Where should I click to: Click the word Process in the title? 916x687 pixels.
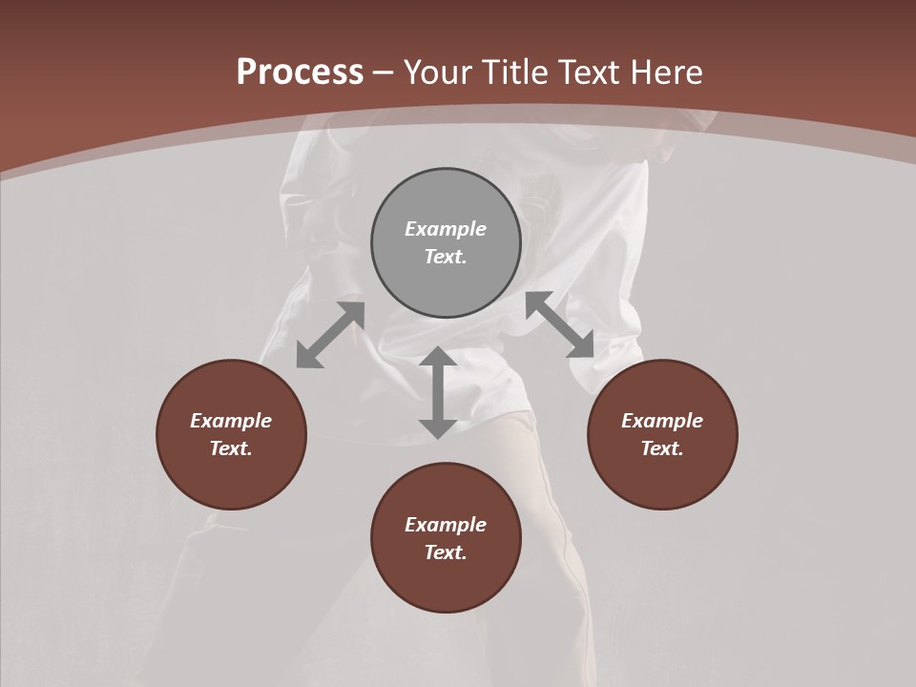pos(300,73)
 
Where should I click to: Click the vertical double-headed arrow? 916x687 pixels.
pos(438,392)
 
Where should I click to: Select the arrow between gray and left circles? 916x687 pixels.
pos(330,335)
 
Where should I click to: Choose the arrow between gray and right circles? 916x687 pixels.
pos(560,324)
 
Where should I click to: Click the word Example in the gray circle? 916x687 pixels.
pos(446,229)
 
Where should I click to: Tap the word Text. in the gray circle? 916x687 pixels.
pos(446,257)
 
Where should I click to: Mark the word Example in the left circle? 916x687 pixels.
pos(231,421)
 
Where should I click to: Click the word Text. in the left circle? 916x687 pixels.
pos(231,448)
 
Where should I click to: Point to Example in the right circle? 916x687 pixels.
pos(662,421)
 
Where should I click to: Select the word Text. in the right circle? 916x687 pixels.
pos(662,448)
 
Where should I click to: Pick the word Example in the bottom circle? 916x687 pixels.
pos(446,525)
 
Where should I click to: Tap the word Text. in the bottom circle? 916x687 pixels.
pos(446,552)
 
